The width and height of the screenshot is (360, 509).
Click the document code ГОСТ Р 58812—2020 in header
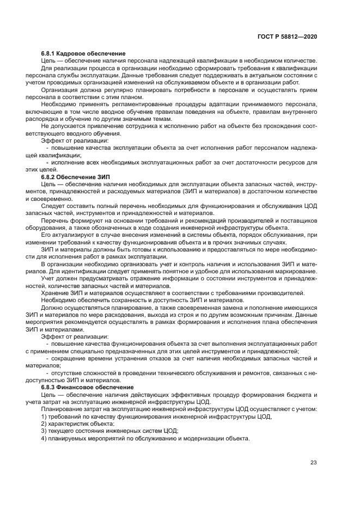point(288,36)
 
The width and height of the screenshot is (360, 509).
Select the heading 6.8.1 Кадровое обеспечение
point(83,53)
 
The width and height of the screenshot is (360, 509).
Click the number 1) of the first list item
point(45,416)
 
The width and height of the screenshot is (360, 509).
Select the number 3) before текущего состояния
point(45,431)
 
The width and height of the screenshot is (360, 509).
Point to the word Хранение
point(56,292)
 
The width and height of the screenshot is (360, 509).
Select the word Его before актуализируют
point(46,235)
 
